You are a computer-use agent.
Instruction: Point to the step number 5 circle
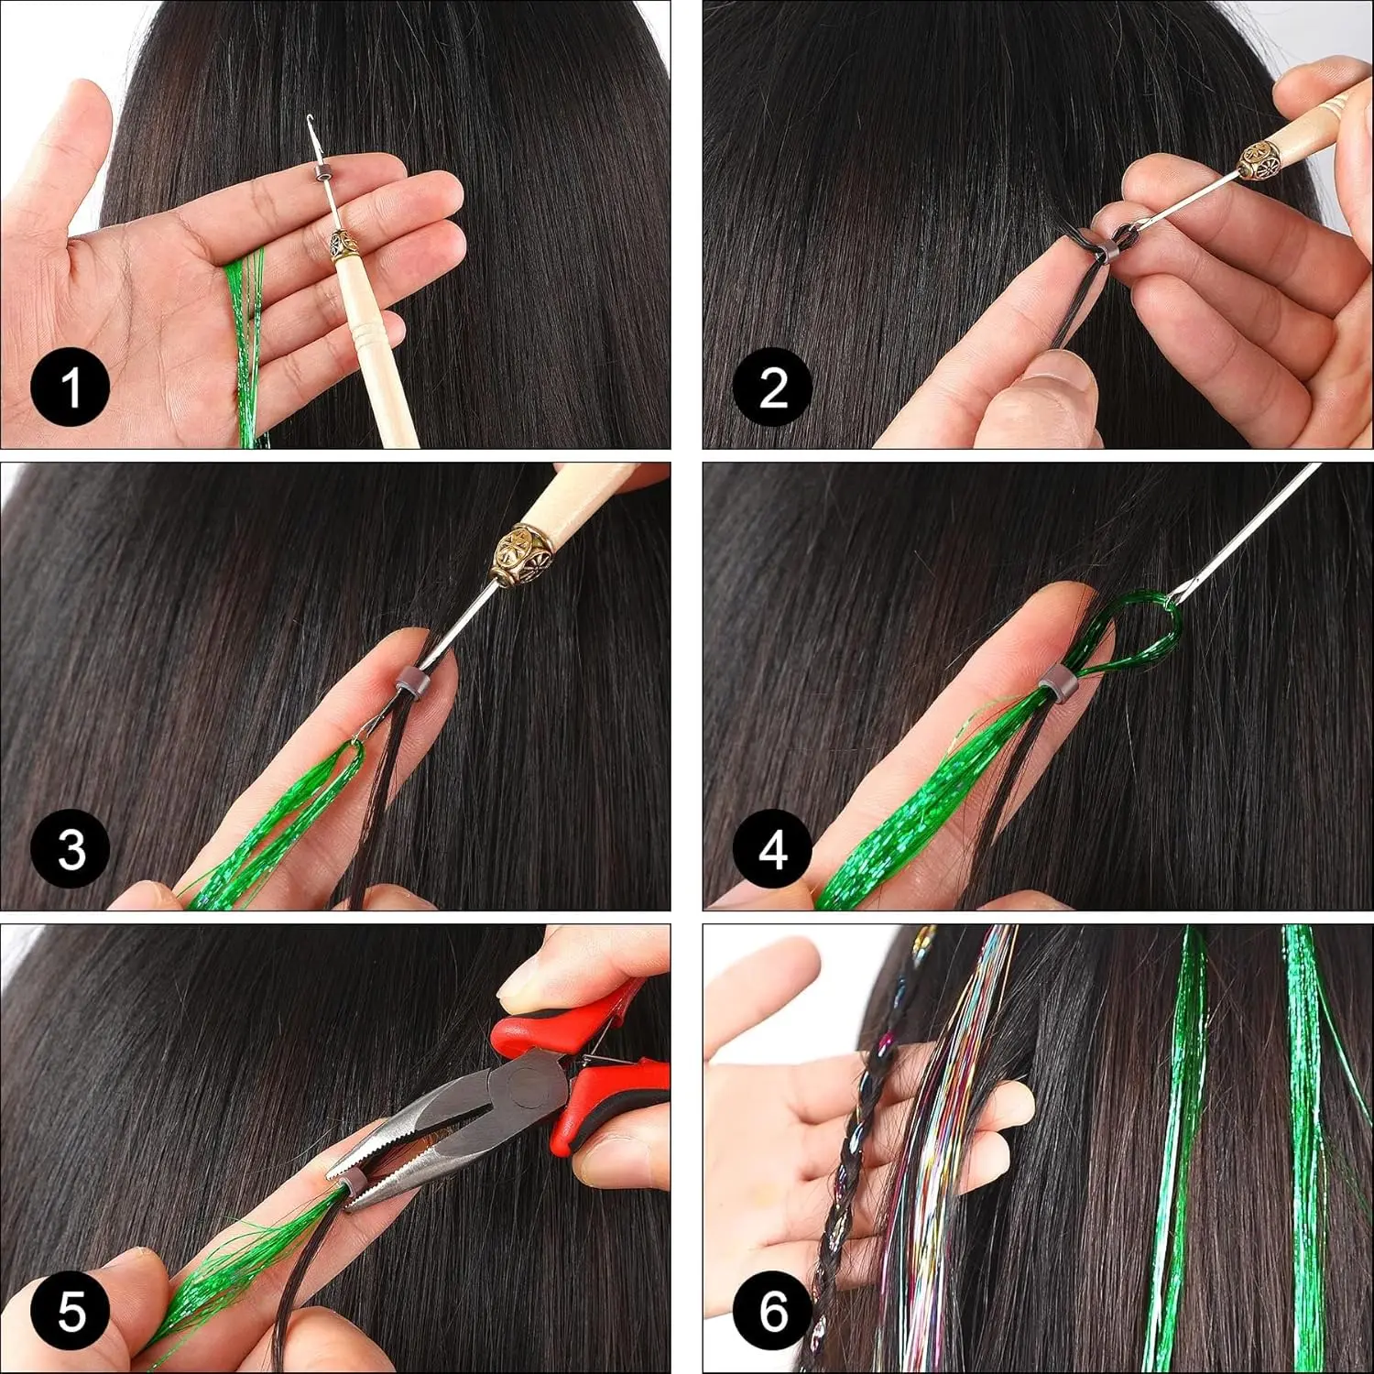tap(71, 1311)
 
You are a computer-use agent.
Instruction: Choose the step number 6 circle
tap(772, 1311)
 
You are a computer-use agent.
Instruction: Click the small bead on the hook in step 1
tap(320, 173)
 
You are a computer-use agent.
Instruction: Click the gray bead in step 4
tap(1059, 683)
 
